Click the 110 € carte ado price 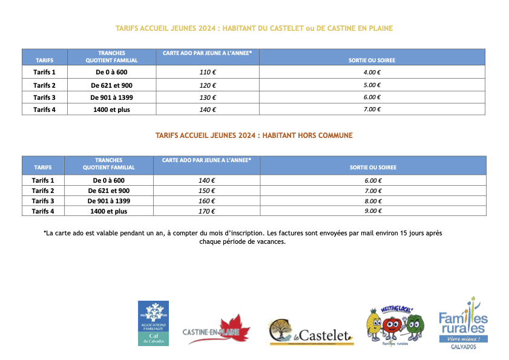(x=207, y=73)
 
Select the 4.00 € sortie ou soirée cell (x=372, y=73)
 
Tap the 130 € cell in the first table (x=207, y=97)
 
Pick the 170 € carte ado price (x=207, y=211)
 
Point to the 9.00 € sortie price (x=373, y=211)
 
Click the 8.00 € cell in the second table (x=373, y=201)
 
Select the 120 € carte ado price (x=207, y=85)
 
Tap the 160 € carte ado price (x=207, y=201)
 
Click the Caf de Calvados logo (x=153, y=323)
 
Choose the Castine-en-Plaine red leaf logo (x=216, y=330)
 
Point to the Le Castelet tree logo (x=310, y=333)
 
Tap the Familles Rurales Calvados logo (x=462, y=324)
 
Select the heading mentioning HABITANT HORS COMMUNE (x=254, y=136)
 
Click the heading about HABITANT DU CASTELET (x=254, y=28)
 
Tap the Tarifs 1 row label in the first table (x=44, y=73)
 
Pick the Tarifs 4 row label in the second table (x=43, y=211)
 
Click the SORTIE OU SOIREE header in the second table (x=373, y=167)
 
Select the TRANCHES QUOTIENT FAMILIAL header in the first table (x=111, y=57)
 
